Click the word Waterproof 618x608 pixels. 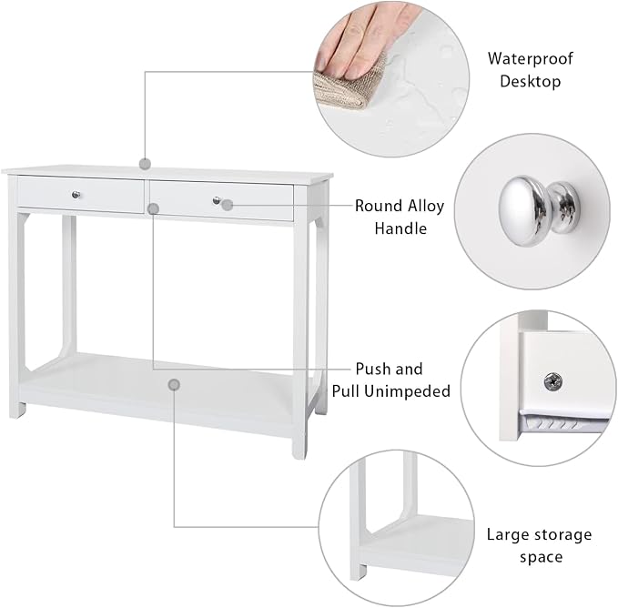[x=530, y=59]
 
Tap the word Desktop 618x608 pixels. [x=530, y=81]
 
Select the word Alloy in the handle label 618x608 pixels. [x=426, y=206]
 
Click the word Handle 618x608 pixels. [x=400, y=228]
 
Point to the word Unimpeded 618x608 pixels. [x=407, y=391]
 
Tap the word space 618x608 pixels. [x=541, y=558]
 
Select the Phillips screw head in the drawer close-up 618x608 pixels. [x=553, y=381]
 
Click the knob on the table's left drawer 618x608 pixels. [x=76, y=194]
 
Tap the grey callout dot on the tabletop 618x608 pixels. [x=145, y=164]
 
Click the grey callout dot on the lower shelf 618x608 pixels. [x=174, y=385]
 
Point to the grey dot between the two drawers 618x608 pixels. [x=153, y=208]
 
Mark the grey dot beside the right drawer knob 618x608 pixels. [x=227, y=205]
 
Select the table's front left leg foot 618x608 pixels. [x=17, y=410]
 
